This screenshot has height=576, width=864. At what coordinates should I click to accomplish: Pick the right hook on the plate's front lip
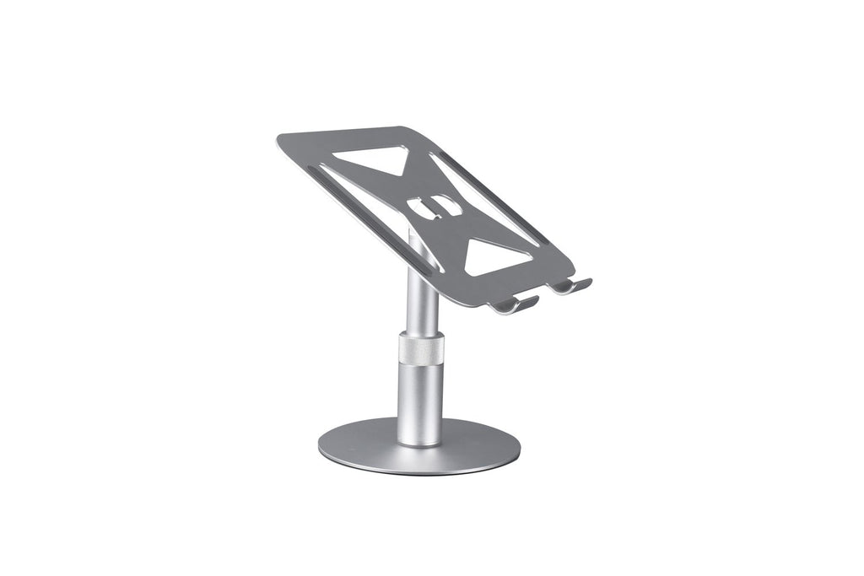(574, 286)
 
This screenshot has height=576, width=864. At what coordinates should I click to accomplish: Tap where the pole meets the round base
(419, 442)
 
